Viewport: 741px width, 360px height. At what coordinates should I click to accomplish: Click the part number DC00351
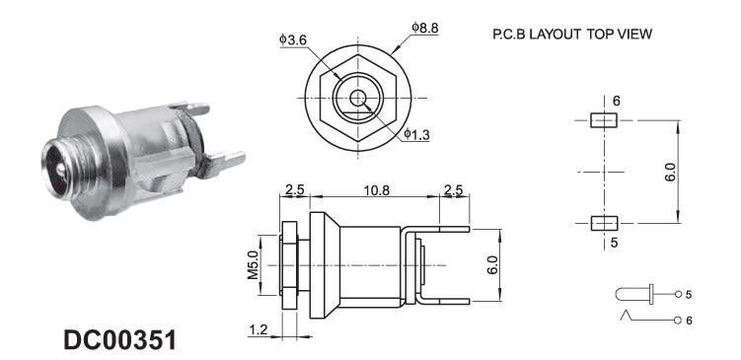click(119, 340)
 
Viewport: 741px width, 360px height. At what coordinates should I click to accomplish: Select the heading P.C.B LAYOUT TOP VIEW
click(572, 34)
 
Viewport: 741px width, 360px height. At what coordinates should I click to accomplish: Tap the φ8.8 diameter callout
click(424, 28)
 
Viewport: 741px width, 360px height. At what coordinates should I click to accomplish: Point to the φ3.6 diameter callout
click(293, 40)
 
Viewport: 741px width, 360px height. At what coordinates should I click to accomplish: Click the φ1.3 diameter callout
click(416, 135)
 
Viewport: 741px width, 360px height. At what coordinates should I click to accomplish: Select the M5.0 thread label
click(254, 265)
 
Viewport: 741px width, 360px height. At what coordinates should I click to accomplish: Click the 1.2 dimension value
click(259, 329)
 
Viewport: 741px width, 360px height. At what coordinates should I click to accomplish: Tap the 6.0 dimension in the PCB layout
click(672, 173)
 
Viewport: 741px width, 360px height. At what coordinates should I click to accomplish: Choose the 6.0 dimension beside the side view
click(492, 265)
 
